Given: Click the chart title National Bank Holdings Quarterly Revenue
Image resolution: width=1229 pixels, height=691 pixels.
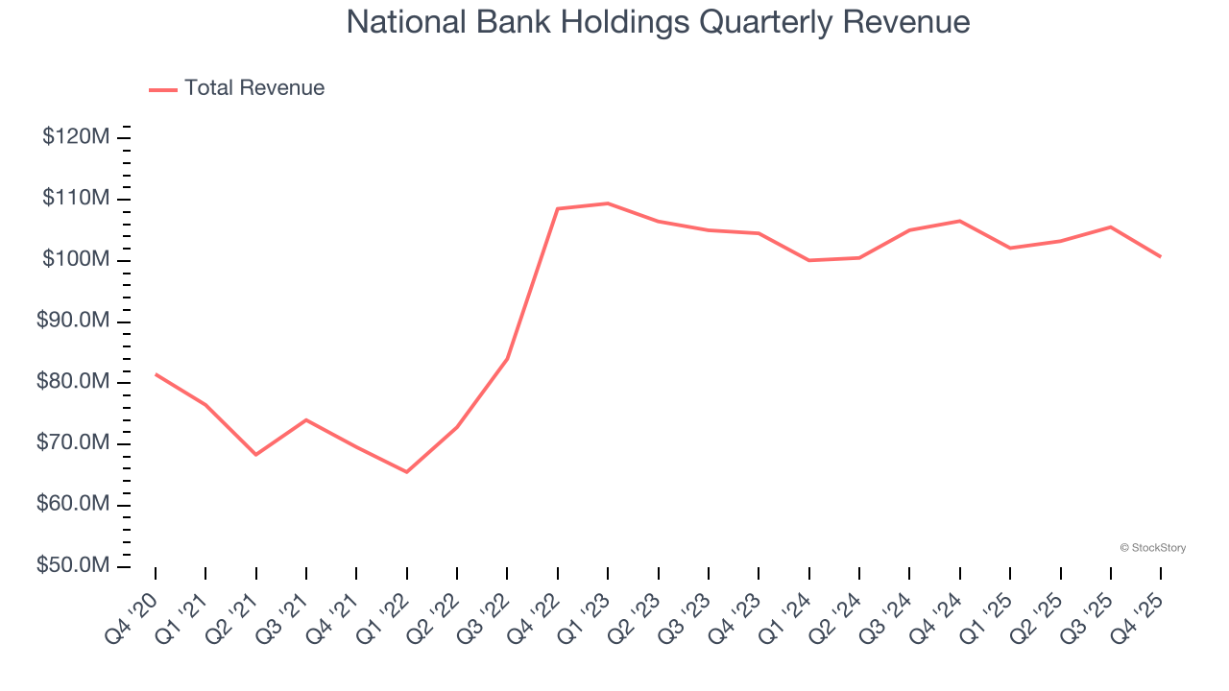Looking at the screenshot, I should tap(658, 22).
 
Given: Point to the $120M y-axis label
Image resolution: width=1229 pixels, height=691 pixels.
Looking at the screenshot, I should tap(76, 137).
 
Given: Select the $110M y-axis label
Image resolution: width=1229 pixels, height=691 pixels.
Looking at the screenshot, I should tap(76, 199).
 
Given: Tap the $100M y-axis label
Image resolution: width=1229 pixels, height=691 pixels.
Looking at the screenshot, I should tap(76, 260).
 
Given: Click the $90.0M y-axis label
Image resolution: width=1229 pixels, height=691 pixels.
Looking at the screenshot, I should tap(73, 321).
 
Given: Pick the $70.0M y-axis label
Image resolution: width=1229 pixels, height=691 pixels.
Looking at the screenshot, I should tap(73, 443).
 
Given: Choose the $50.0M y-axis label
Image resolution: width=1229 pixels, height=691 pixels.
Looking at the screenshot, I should tap(73, 566).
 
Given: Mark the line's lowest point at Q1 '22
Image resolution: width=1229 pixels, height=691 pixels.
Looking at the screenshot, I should tap(407, 471).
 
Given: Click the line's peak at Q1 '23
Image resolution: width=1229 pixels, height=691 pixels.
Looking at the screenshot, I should tap(608, 203).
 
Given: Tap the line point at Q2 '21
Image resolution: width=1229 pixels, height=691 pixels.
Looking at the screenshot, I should tap(256, 454).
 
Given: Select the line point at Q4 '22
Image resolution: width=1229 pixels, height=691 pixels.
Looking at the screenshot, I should tap(558, 208).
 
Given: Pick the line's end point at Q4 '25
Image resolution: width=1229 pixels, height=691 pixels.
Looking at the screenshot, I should tap(1161, 256).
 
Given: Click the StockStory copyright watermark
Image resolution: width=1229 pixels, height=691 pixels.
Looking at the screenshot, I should tap(1153, 548).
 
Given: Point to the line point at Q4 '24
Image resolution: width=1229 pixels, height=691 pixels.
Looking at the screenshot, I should tap(960, 221).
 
